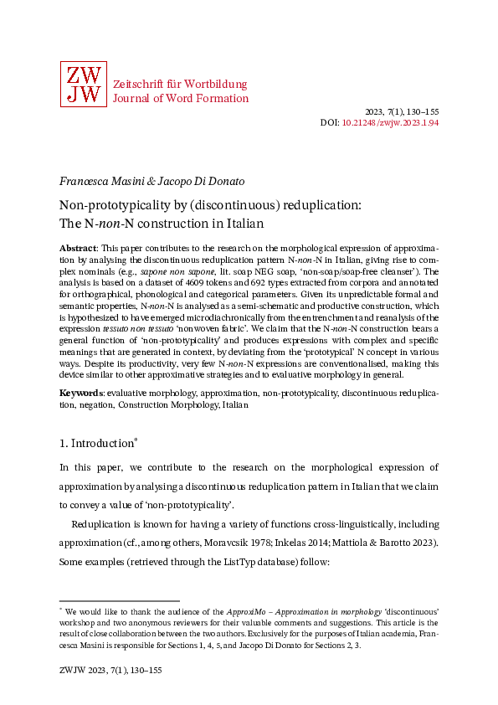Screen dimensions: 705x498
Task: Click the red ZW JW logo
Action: [83, 85]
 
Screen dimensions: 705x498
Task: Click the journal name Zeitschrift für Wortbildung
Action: [179, 85]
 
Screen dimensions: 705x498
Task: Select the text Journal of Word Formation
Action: [180, 98]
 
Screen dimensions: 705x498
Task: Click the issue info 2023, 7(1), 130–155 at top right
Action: [402, 111]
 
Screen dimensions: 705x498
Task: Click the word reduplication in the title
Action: [324, 206]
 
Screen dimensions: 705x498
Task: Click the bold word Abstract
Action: [78, 250]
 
